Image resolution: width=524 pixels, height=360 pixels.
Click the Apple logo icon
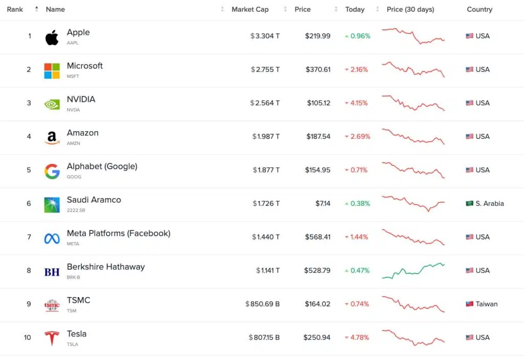coord(52,37)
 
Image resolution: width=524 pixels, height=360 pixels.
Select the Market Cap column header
coord(250,9)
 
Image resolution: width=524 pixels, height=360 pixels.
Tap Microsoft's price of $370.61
coord(318,70)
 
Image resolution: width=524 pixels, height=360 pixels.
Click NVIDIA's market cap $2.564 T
coord(265,103)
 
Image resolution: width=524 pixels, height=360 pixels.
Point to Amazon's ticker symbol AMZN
coord(74,143)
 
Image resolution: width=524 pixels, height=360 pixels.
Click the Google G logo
coord(52,172)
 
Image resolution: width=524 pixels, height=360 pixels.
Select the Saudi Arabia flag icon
coord(470,203)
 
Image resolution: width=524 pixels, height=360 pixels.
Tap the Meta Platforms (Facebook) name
coord(119,233)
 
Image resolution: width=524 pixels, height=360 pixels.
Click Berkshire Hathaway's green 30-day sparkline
coord(413,271)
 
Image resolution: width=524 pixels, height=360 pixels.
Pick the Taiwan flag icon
coord(470,304)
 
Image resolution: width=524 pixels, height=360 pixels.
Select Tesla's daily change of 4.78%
coord(357,337)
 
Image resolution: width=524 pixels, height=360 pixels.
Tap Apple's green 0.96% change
coord(358,36)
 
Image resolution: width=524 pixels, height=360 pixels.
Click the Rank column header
coord(15,9)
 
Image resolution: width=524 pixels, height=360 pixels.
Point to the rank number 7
coord(29,237)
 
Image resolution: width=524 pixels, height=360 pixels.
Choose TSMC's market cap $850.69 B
coord(263,304)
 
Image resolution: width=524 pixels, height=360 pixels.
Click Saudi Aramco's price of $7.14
coord(323,203)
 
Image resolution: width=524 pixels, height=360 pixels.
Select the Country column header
coord(479,9)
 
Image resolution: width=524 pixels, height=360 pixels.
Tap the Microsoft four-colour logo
coord(52,71)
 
